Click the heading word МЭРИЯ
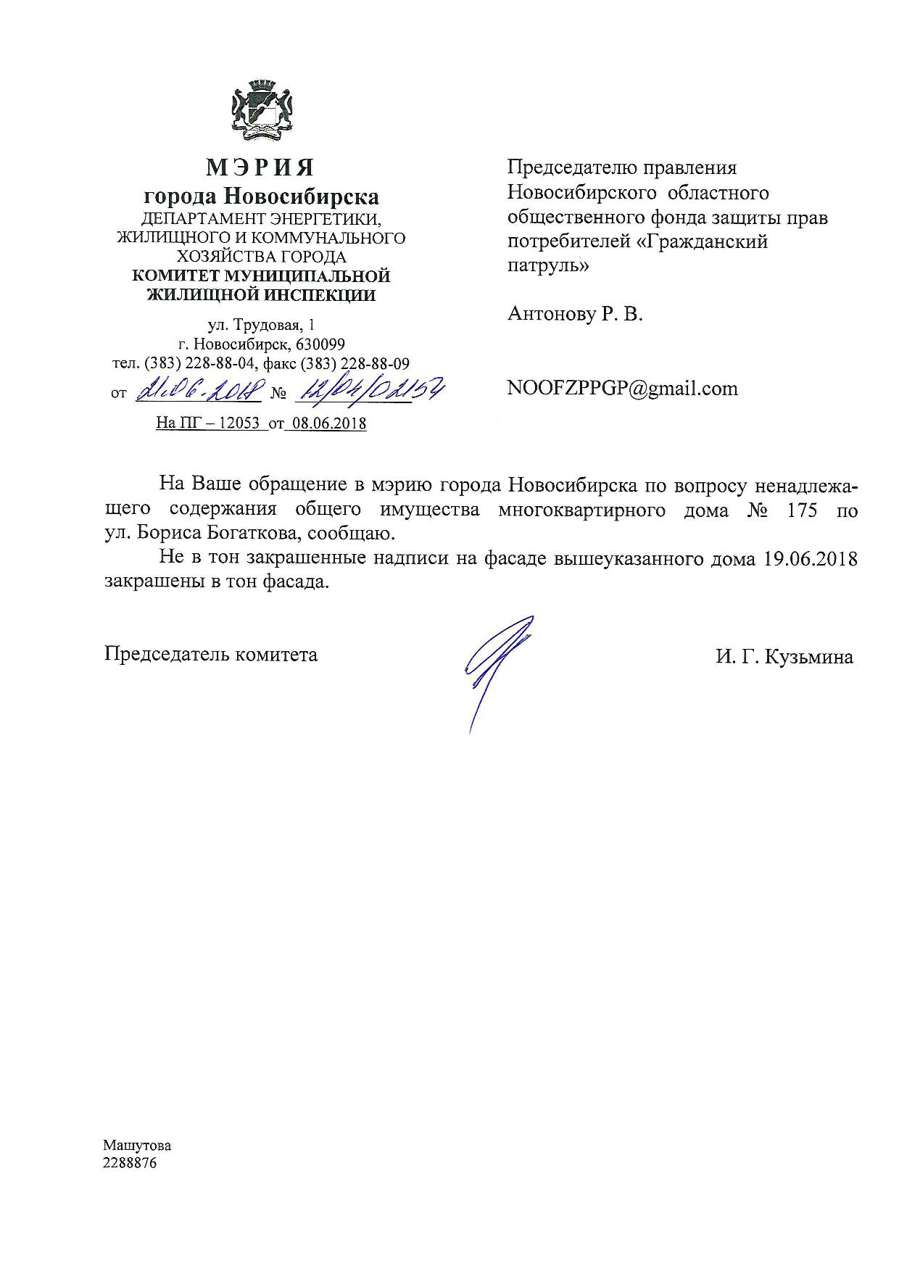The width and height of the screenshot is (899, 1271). coord(260,167)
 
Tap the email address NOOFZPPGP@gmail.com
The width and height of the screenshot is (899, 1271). coord(623,389)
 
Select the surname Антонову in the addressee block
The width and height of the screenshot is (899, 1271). coord(550,314)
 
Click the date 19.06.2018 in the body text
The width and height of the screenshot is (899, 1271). coord(811,559)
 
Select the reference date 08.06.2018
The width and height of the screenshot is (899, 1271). coord(328,424)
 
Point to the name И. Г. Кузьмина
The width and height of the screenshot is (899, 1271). coord(784,658)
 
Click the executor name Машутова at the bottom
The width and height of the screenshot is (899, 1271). coord(137,1146)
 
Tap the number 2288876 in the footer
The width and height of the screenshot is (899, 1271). coord(130,1163)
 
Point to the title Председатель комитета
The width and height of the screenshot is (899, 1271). coord(210,655)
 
